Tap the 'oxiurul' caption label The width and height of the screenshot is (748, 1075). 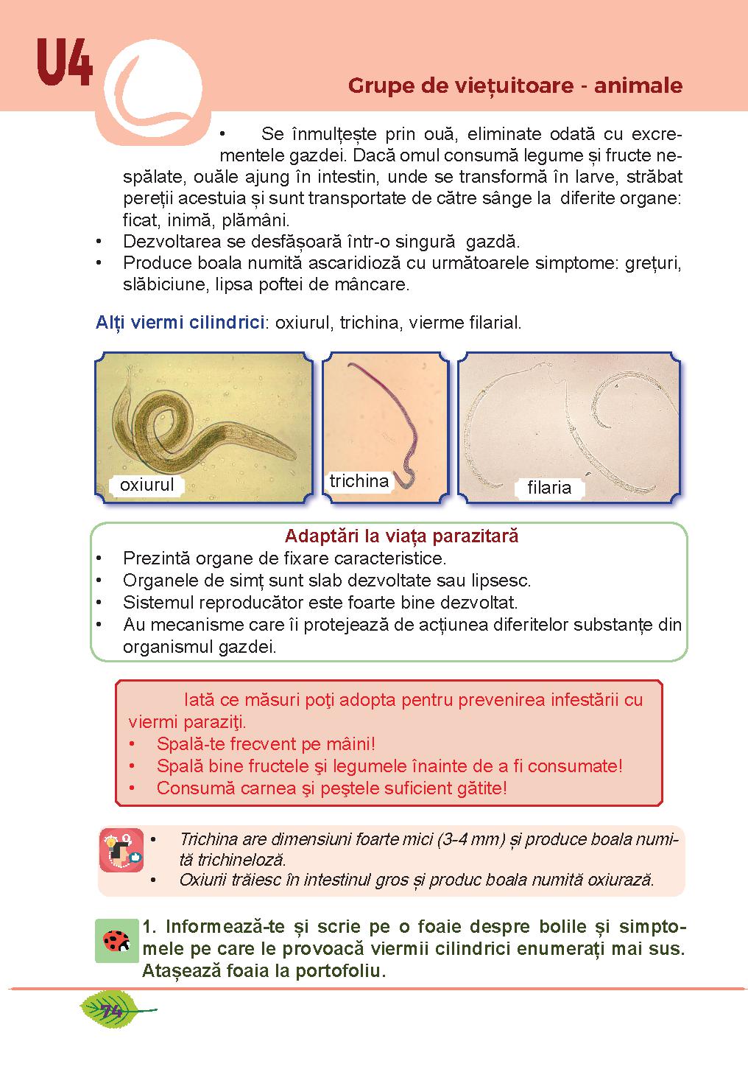point(147,485)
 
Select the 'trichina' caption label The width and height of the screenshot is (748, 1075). point(359,481)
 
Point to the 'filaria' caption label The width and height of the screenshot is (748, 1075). point(549,487)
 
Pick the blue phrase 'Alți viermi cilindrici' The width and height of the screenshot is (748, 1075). point(180,323)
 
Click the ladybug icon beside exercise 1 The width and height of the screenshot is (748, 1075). point(116,941)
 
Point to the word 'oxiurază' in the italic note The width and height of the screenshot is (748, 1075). point(617,879)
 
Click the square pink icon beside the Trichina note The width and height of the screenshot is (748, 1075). point(121,849)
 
